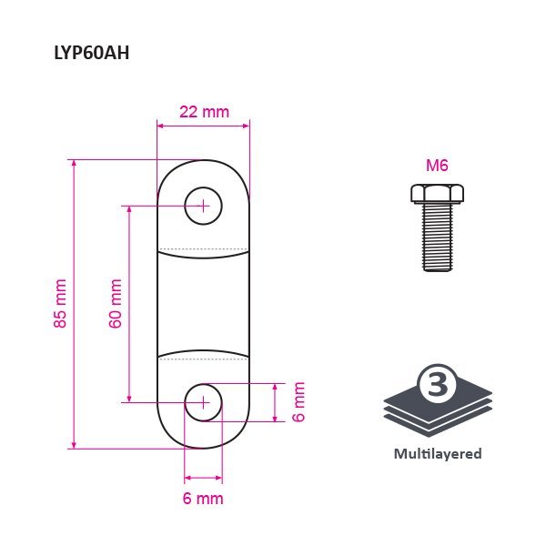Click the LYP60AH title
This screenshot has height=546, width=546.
point(92,54)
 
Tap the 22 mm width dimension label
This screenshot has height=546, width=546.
point(205,112)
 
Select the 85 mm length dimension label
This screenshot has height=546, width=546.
point(60,303)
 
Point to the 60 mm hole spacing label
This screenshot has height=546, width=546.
point(116,303)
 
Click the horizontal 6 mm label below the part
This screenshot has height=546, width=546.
point(203,499)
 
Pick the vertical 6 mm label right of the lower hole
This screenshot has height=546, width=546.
point(298,402)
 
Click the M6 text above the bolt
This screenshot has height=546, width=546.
point(437,166)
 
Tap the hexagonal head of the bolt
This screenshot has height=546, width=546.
point(437,194)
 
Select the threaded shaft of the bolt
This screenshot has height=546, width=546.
point(438,238)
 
